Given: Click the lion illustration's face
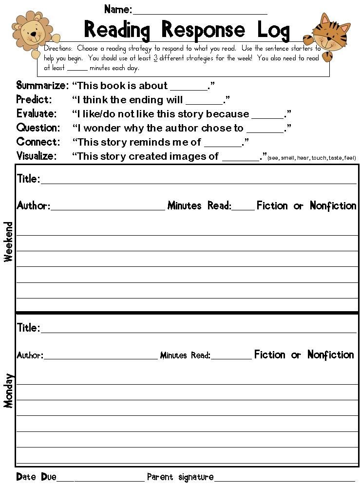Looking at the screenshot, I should [33, 33].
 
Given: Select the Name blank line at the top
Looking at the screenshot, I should [200, 11].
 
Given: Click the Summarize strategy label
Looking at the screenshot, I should [42, 86].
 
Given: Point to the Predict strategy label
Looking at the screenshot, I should [34, 100].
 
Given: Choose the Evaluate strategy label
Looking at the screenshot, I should [37, 114].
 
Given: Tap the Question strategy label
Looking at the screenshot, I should [38, 128].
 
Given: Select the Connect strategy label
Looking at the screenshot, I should [38, 142].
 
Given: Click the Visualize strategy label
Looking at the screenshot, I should [37, 156].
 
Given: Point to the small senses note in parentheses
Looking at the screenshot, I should [312, 158].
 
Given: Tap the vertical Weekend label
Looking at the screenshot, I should [8, 242].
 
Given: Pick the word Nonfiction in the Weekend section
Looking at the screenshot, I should [333, 205].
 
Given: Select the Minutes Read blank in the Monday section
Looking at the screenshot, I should [231, 356].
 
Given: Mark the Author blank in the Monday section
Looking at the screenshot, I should [100, 356].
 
